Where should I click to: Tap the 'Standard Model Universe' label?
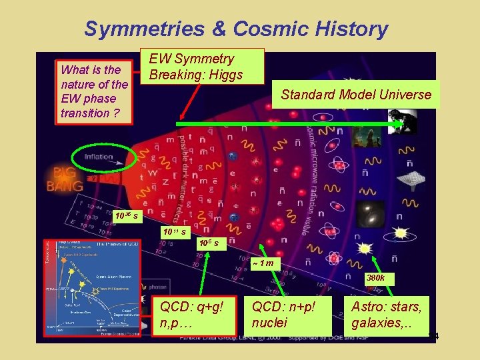(x=356, y=95)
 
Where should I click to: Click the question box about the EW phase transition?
(x=93, y=91)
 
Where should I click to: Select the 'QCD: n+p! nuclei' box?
(x=283, y=315)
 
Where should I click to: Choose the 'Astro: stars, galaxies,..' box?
(x=387, y=315)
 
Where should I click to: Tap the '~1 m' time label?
(x=263, y=262)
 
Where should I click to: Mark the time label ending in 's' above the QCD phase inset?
(x=126, y=216)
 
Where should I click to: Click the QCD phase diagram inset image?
(x=91, y=289)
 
